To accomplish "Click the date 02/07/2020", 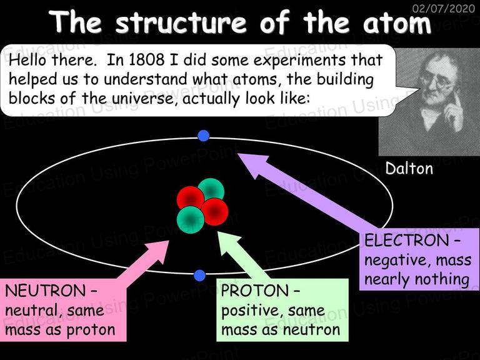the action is (444, 8).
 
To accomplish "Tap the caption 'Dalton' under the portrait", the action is (409, 168).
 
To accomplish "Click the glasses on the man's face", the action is (436, 79).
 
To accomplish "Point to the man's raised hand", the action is (453, 113).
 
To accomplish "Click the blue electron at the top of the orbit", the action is (203, 136).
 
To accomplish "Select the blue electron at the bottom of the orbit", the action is (199, 276).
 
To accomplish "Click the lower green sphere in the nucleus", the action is (190, 220).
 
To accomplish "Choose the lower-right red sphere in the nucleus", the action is (215, 212).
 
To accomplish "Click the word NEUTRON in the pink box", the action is (45, 291).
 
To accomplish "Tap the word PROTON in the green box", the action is (255, 291).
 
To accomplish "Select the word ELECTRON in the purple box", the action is (406, 240).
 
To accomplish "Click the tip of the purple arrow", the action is (238, 154).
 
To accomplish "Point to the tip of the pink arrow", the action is (169, 241).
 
